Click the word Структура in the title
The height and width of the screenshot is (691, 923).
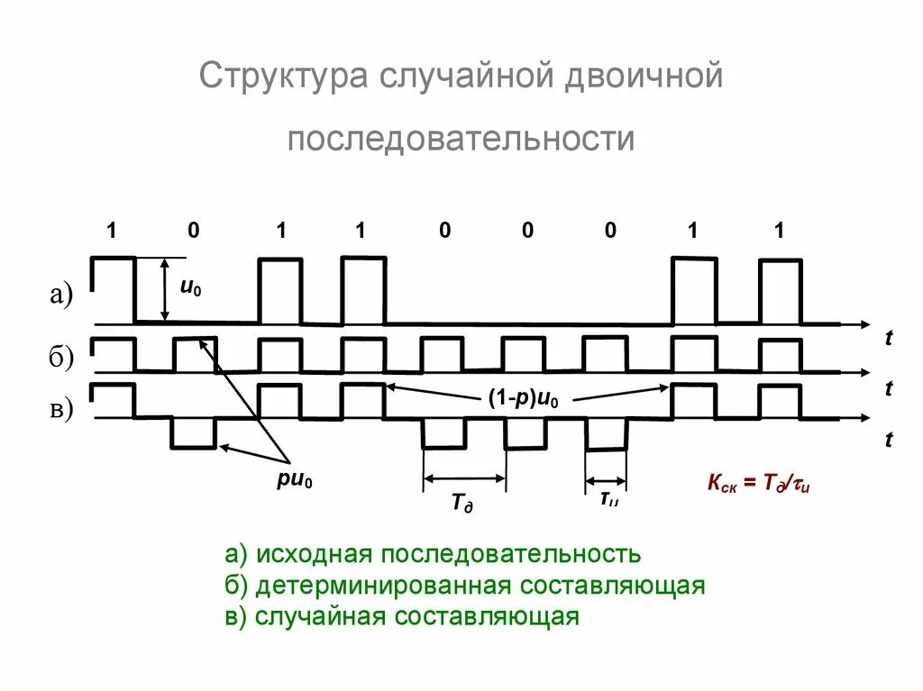[279, 76]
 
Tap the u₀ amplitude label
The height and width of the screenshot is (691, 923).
[190, 287]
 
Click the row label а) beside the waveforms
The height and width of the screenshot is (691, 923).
[61, 295]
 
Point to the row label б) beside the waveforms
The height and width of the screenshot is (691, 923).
[61, 358]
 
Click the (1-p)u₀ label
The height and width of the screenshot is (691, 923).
[524, 401]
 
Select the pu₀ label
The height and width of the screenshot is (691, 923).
[295, 482]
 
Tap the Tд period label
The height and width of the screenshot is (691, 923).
[462, 502]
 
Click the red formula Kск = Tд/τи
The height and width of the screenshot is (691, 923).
[759, 484]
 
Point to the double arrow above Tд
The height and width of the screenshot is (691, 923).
[464, 478]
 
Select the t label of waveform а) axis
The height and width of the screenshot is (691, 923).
[889, 339]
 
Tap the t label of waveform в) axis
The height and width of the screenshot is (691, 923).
[889, 440]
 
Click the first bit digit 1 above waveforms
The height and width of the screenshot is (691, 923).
[112, 231]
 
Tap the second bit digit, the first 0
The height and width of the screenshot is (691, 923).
[194, 231]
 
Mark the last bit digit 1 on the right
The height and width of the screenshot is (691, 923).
[779, 231]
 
